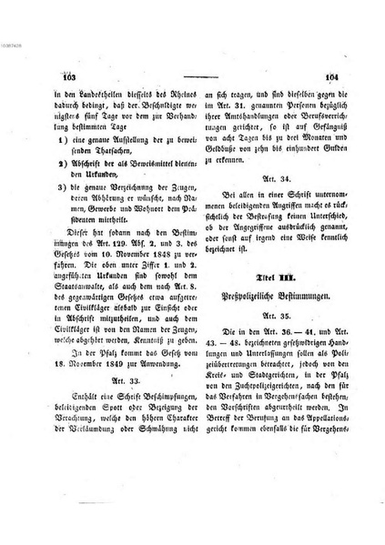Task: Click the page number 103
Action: coord(67,78)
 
